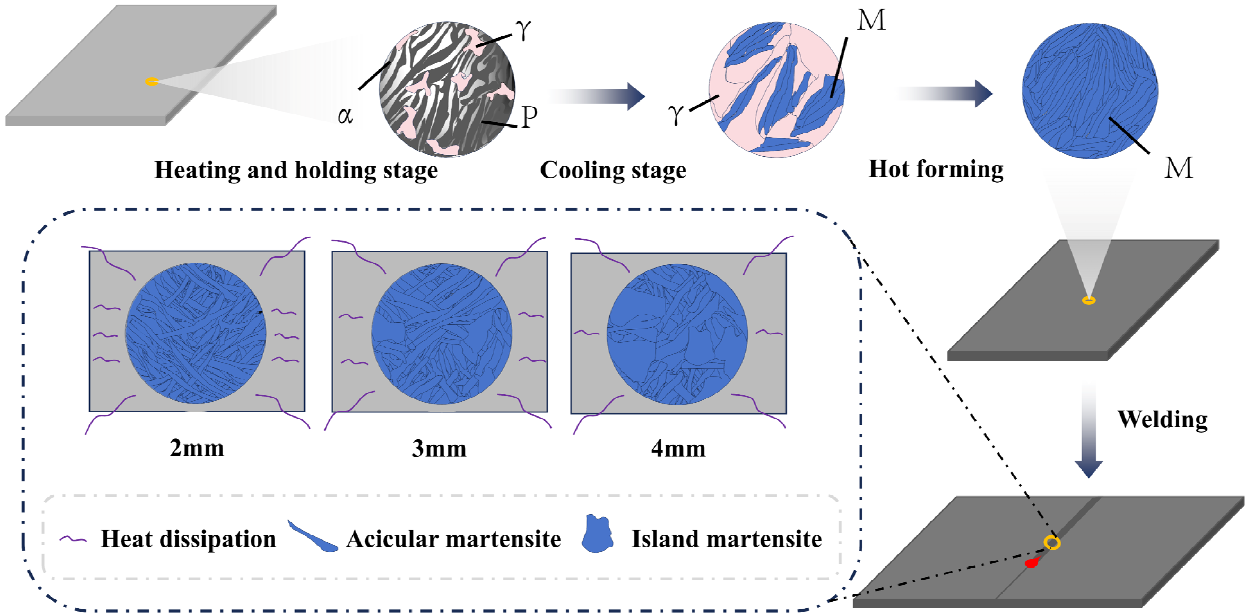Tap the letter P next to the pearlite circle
pyautogui.click(x=529, y=117)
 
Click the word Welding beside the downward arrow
pyautogui.click(x=1162, y=419)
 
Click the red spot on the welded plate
pyautogui.click(x=1031, y=563)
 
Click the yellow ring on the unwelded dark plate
pyautogui.click(x=1089, y=300)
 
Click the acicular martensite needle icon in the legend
pyautogui.click(x=312, y=537)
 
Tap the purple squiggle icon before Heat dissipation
pyautogui.click(x=73, y=539)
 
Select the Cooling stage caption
pyautogui.click(x=613, y=170)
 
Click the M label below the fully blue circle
pyautogui.click(x=1178, y=168)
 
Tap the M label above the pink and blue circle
pyautogui.click(x=871, y=21)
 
